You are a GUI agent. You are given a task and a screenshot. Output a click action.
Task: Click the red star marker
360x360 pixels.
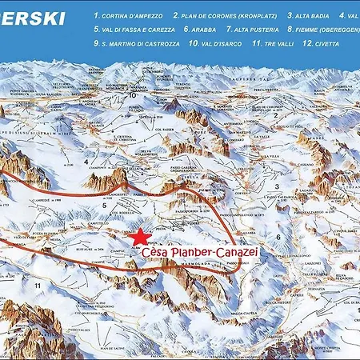coord(140,237)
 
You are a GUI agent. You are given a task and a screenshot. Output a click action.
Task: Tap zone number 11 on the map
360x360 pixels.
coord(37,284)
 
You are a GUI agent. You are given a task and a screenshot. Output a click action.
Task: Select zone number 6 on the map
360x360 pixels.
coord(278,238)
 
